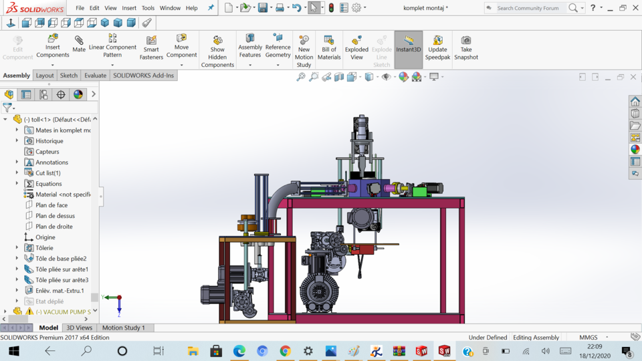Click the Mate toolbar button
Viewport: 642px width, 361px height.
79,45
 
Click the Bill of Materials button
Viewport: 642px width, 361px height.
328,48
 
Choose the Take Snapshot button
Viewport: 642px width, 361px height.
466,48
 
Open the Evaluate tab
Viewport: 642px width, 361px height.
95,76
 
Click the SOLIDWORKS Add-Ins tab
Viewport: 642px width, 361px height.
143,76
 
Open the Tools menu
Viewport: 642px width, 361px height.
148,8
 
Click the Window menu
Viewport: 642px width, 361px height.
170,8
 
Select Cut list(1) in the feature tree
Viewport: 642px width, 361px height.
47,173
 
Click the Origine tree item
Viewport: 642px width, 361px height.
45,237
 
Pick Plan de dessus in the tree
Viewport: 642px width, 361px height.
55,216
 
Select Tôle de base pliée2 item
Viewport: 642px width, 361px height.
61,259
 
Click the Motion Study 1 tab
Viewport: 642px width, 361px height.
123,328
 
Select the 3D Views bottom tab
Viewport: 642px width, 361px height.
79,328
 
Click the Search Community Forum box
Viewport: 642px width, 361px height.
528,8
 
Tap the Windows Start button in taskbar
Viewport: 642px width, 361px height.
13,351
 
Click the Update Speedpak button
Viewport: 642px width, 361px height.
437,48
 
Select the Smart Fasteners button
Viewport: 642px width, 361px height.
151,48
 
